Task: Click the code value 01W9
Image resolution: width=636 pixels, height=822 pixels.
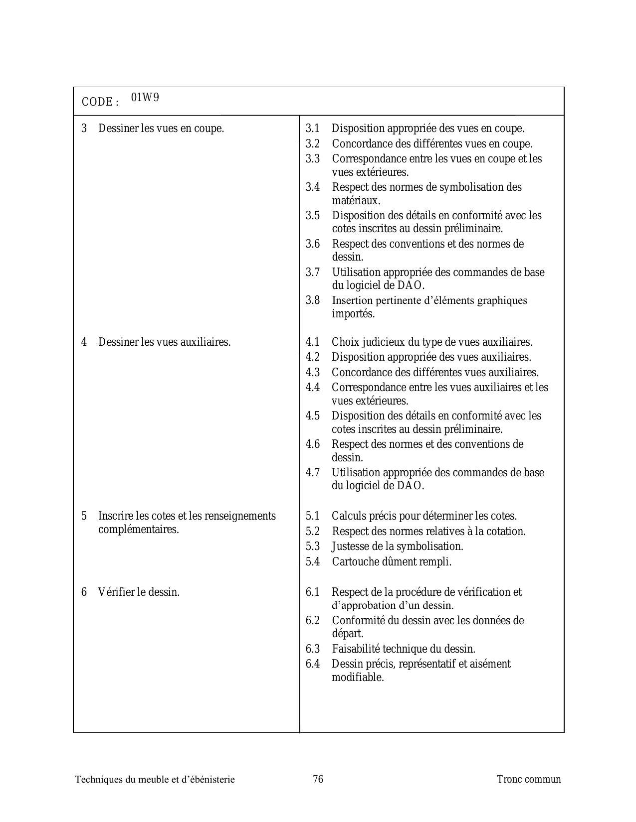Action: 145,97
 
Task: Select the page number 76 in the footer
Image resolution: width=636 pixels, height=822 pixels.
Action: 318,779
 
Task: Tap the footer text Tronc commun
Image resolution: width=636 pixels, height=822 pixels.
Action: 529,779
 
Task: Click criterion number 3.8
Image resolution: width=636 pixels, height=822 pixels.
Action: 313,300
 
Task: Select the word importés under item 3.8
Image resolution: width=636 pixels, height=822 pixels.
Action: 353,314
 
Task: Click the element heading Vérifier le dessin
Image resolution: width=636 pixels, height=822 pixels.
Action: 139,592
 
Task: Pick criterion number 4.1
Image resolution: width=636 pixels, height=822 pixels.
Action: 313,342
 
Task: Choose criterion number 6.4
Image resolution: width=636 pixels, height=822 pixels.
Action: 313,664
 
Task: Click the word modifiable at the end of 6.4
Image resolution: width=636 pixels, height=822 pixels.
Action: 358,678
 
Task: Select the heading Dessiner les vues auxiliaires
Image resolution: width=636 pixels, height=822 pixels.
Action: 164,342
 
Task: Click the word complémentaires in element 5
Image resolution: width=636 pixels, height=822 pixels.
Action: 138,530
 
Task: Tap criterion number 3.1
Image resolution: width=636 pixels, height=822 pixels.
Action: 313,129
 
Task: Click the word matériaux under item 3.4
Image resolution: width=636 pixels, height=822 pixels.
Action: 356,201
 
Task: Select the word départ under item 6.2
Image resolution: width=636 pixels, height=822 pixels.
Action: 347,634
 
